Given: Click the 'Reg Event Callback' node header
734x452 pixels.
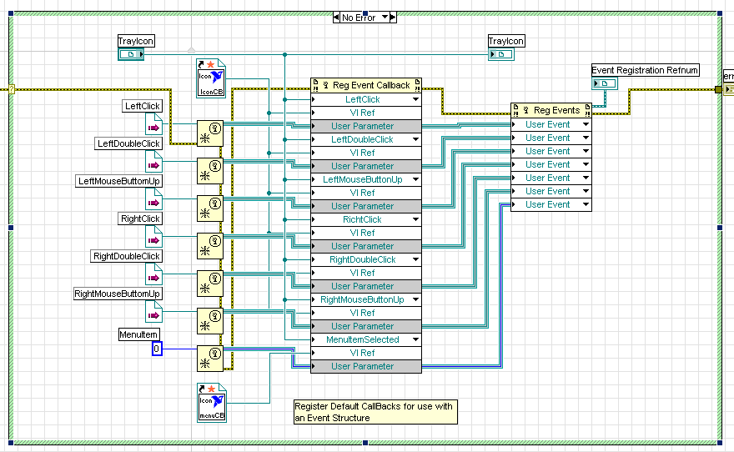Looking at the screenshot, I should click(366, 85).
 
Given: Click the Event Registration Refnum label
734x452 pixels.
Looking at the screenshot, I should click(645, 70).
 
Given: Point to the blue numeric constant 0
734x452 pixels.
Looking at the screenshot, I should click(157, 348).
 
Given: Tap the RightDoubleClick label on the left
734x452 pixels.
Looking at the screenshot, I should click(127, 256).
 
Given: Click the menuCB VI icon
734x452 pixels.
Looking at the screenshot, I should click(211, 403).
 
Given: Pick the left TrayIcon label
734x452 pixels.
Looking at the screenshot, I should click(136, 41).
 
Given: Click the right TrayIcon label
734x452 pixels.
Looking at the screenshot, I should click(506, 41).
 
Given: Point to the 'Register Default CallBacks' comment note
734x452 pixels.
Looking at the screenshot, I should click(375, 412).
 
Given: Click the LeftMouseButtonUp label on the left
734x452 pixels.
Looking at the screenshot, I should click(118, 181).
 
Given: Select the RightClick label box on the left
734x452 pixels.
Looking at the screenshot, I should click(140, 218).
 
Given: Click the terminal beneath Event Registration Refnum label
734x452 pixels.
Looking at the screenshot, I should click(604, 84).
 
